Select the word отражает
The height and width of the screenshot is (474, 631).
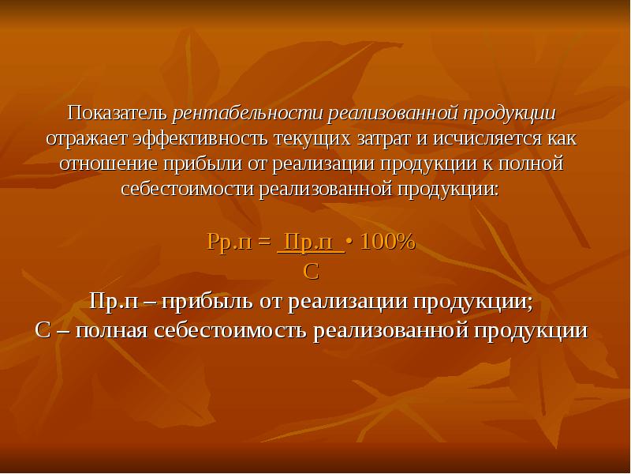(84, 139)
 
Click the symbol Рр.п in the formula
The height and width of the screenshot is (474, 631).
(228, 243)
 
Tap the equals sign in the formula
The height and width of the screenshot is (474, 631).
(263, 243)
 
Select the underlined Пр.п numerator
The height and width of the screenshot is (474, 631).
(312, 243)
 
